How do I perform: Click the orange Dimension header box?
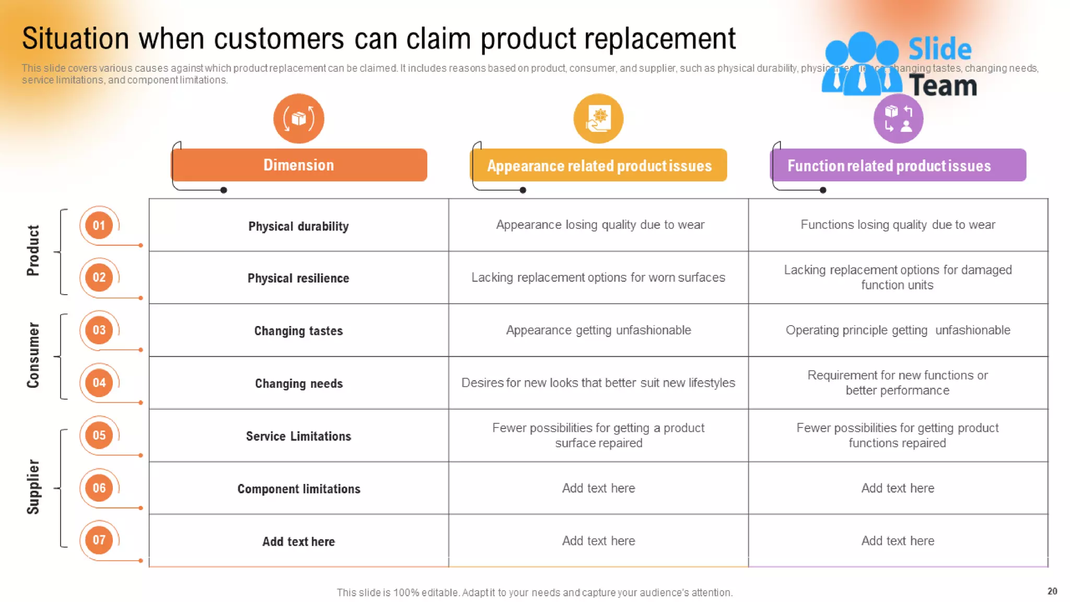pyautogui.click(x=299, y=165)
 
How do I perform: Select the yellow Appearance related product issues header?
pyautogui.click(x=599, y=166)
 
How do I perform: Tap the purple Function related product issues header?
pyautogui.click(x=898, y=166)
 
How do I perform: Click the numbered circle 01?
pyautogui.click(x=99, y=225)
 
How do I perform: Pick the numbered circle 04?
pyautogui.click(x=99, y=383)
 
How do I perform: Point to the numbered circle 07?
pyautogui.click(x=99, y=540)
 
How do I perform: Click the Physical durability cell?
pyautogui.click(x=298, y=226)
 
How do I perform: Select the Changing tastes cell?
pyautogui.click(x=298, y=331)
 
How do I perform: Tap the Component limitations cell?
pyautogui.click(x=298, y=489)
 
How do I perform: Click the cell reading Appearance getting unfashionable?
pyautogui.click(x=598, y=330)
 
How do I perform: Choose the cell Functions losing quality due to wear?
pyautogui.click(x=898, y=225)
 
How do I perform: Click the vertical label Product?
pyautogui.click(x=33, y=251)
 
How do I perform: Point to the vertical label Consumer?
pyautogui.click(x=33, y=355)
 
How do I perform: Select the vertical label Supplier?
pyautogui.click(x=33, y=487)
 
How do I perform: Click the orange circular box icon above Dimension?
pyautogui.click(x=298, y=119)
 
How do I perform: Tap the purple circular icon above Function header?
pyautogui.click(x=898, y=119)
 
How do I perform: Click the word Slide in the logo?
pyautogui.click(x=939, y=49)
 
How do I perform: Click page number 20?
pyautogui.click(x=1052, y=591)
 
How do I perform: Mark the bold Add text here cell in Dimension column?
pyautogui.click(x=298, y=541)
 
